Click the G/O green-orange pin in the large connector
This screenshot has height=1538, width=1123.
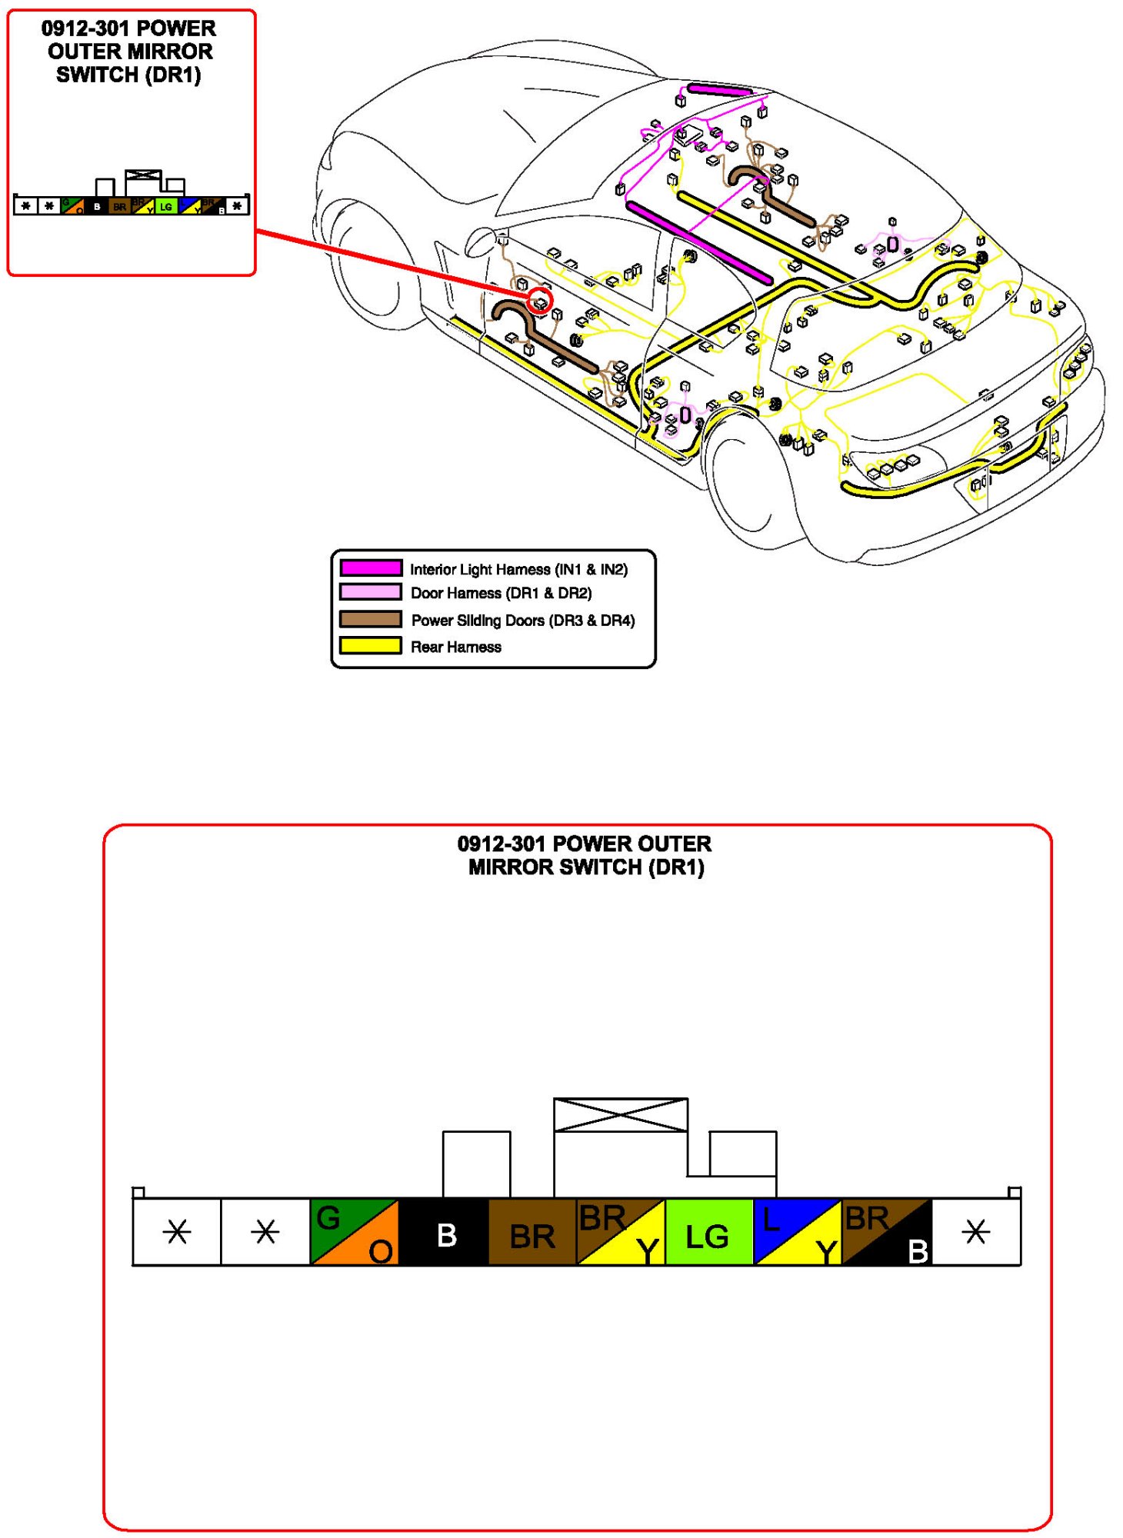click(354, 1231)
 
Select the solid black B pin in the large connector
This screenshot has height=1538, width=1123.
click(444, 1231)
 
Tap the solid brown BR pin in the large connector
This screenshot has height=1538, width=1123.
click(532, 1231)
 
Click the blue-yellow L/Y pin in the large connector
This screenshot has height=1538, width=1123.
click(798, 1231)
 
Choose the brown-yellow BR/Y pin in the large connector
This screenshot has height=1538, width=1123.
click(621, 1231)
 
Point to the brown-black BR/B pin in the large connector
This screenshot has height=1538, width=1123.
click(887, 1231)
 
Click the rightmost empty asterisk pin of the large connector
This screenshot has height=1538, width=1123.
click(976, 1231)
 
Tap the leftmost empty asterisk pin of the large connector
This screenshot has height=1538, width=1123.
click(177, 1231)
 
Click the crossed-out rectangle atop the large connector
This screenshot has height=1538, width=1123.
click(620, 1115)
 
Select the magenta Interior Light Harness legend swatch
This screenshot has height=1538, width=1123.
click(371, 568)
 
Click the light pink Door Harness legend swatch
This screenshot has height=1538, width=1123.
click(371, 592)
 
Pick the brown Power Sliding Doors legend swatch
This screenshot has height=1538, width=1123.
click(371, 619)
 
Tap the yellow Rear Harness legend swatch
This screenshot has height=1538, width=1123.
click(371, 646)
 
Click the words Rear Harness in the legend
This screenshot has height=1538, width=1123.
click(456, 647)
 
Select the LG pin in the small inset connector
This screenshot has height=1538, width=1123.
click(166, 207)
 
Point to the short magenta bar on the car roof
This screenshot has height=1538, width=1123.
click(720, 90)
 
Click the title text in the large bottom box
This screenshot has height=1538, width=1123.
click(585, 855)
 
